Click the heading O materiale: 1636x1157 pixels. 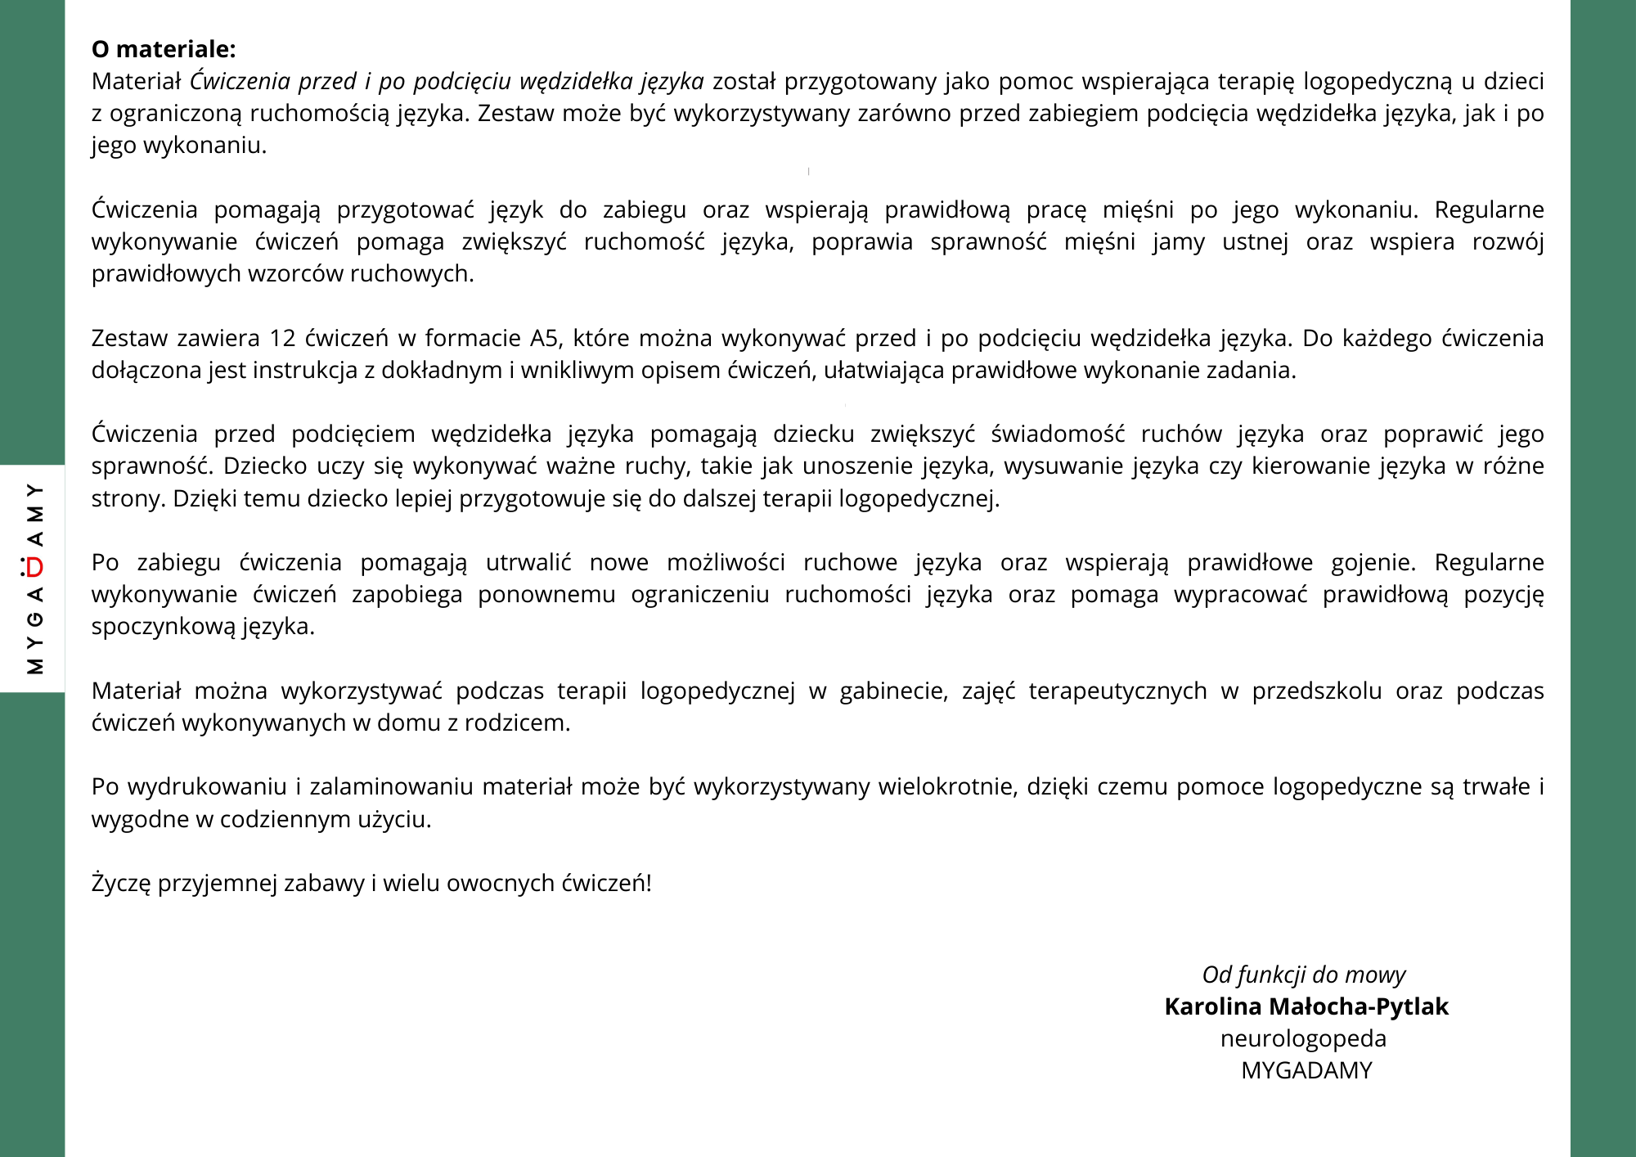[x=164, y=49]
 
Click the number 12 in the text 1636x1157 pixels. [x=282, y=338]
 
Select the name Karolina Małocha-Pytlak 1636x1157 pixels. [x=1306, y=1006]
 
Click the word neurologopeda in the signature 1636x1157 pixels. [x=1303, y=1038]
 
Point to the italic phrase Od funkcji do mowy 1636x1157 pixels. [x=1303, y=975]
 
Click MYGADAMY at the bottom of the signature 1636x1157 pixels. [x=1306, y=1070]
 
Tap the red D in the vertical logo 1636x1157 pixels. [x=34, y=567]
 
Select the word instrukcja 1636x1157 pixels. [x=305, y=371]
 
